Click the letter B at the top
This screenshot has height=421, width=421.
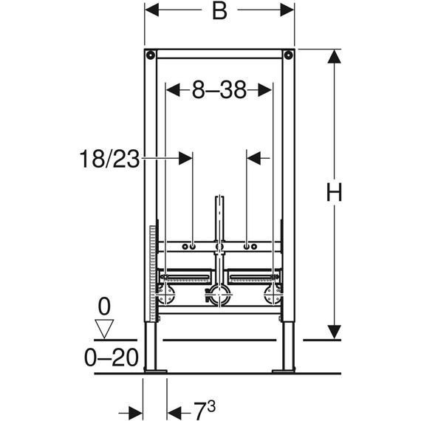(x=219, y=13)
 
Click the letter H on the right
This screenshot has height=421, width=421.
(x=335, y=194)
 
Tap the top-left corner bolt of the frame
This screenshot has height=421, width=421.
(x=150, y=55)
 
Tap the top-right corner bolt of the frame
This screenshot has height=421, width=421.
(x=289, y=55)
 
